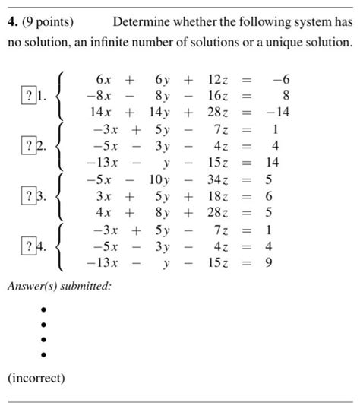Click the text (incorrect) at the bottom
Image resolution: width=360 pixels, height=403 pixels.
point(36,377)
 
